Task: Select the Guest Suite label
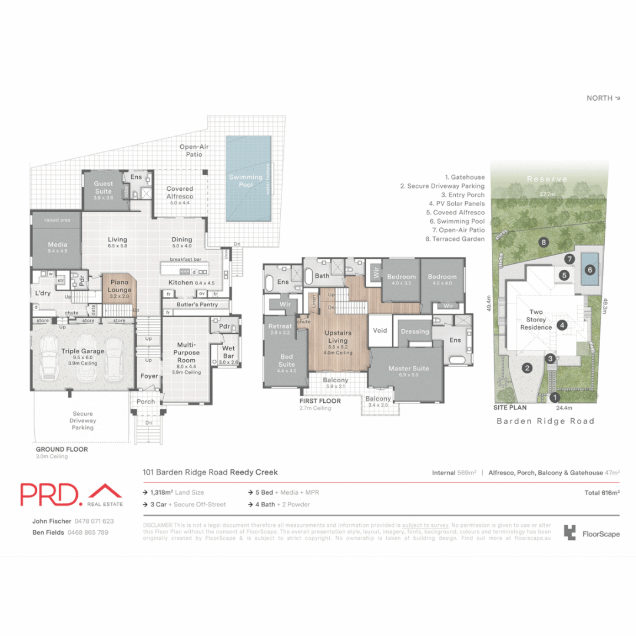click(104, 187)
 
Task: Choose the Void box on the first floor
click(380, 330)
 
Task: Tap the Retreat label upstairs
click(280, 329)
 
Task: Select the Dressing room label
click(415, 332)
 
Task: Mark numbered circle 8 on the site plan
click(544, 242)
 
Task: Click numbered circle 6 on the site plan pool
click(590, 270)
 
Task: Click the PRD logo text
click(49, 495)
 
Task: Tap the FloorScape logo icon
click(570, 533)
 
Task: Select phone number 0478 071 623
click(94, 521)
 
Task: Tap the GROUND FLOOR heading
click(62, 449)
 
